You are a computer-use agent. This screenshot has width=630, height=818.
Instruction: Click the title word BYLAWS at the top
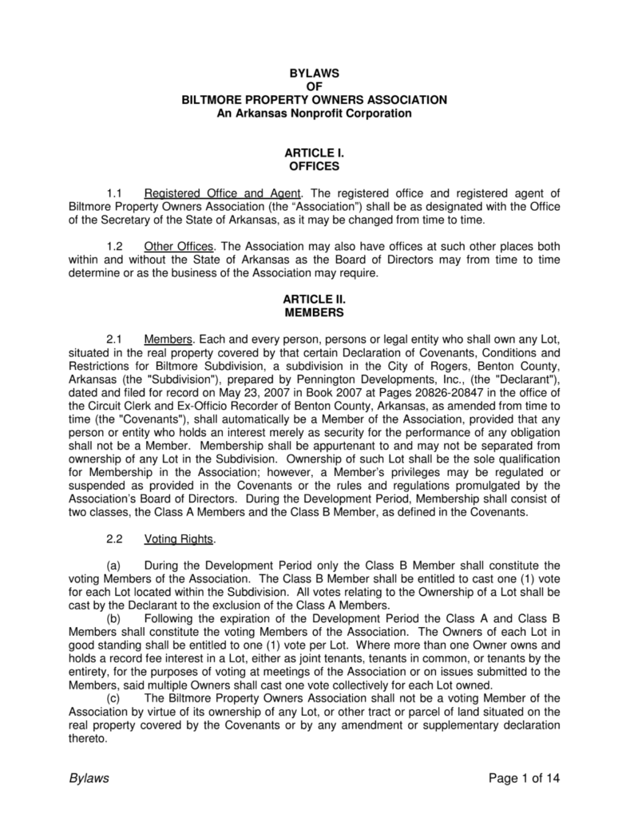pos(315,73)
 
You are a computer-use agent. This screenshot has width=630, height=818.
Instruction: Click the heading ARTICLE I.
pos(315,153)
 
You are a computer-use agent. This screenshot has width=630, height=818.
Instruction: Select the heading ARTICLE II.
pos(315,299)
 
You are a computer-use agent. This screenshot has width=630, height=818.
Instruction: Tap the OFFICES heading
pos(315,167)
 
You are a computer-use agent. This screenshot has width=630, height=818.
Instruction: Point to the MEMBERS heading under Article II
pos(315,312)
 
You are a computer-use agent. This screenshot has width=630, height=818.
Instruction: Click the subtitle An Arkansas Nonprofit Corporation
pos(315,113)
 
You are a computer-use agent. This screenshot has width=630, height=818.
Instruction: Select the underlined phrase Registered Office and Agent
pos(223,193)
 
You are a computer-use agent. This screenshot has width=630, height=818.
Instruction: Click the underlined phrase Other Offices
pos(180,246)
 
